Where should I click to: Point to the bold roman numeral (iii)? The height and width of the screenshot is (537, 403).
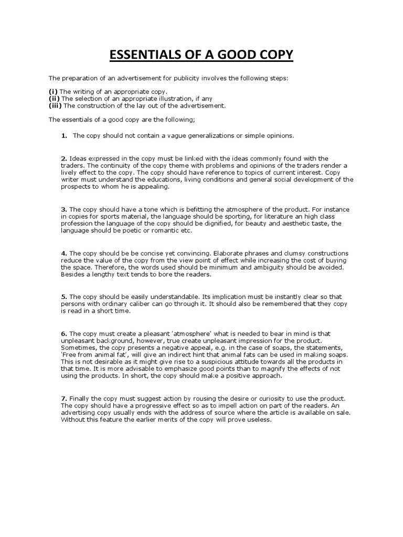(55, 105)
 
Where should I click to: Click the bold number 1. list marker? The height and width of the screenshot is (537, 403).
(64, 135)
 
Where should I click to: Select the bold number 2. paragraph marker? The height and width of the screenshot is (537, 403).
(64, 158)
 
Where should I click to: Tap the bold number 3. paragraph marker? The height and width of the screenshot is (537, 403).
(64, 209)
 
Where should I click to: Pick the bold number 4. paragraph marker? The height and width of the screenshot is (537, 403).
(64, 253)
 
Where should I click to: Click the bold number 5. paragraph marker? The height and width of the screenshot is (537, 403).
(64, 297)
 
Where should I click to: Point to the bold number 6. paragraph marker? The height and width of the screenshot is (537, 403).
(64, 334)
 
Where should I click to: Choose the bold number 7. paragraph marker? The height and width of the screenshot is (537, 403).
(64, 399)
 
